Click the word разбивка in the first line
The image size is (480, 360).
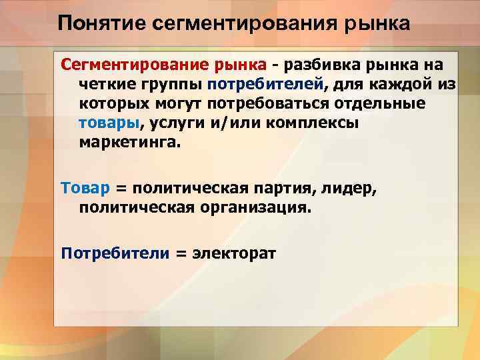tap(319, 65)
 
